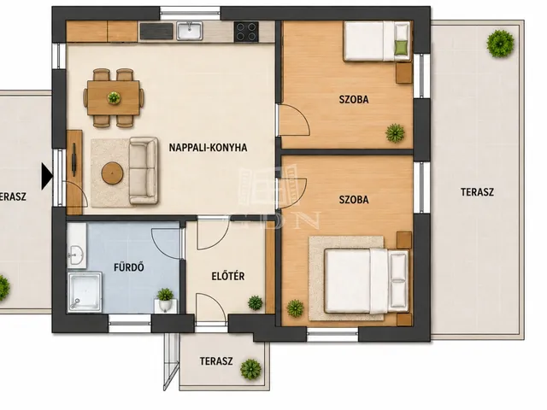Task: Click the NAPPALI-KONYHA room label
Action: (x=208, y=148)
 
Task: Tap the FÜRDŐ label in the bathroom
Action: (x=129, y=267)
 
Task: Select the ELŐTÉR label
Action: (x=228, y=276)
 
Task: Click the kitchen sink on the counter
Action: (x=190, y=31)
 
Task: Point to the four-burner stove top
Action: (x=246, y=32)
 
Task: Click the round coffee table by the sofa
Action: (x=112, y=173)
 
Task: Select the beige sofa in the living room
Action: (x=143, y=171)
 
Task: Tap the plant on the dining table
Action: (x=114, y=97)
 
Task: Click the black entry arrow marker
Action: (x=47, y=177)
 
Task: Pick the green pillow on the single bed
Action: (x=402, y=47)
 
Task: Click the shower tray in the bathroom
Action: (x=85, y=292)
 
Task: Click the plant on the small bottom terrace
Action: (x=250, y=369)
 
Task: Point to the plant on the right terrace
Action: (x=500, y=44)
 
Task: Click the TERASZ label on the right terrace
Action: (x=477, y=191)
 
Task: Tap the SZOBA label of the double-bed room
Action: (x=354, y=199)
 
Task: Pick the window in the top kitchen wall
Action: (x=190, y=14)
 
